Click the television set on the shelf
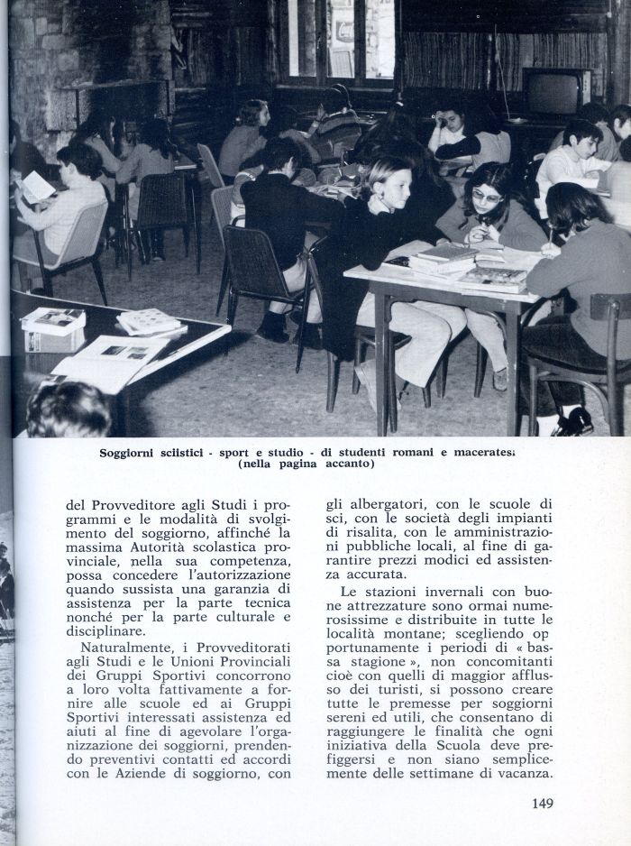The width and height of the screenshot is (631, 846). (x=555, y=90)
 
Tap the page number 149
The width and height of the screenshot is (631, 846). (x=542, y=804)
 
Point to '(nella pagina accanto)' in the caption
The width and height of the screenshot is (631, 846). (x=306, y=465)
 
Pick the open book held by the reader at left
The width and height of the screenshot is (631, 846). (x=36, y=187)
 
